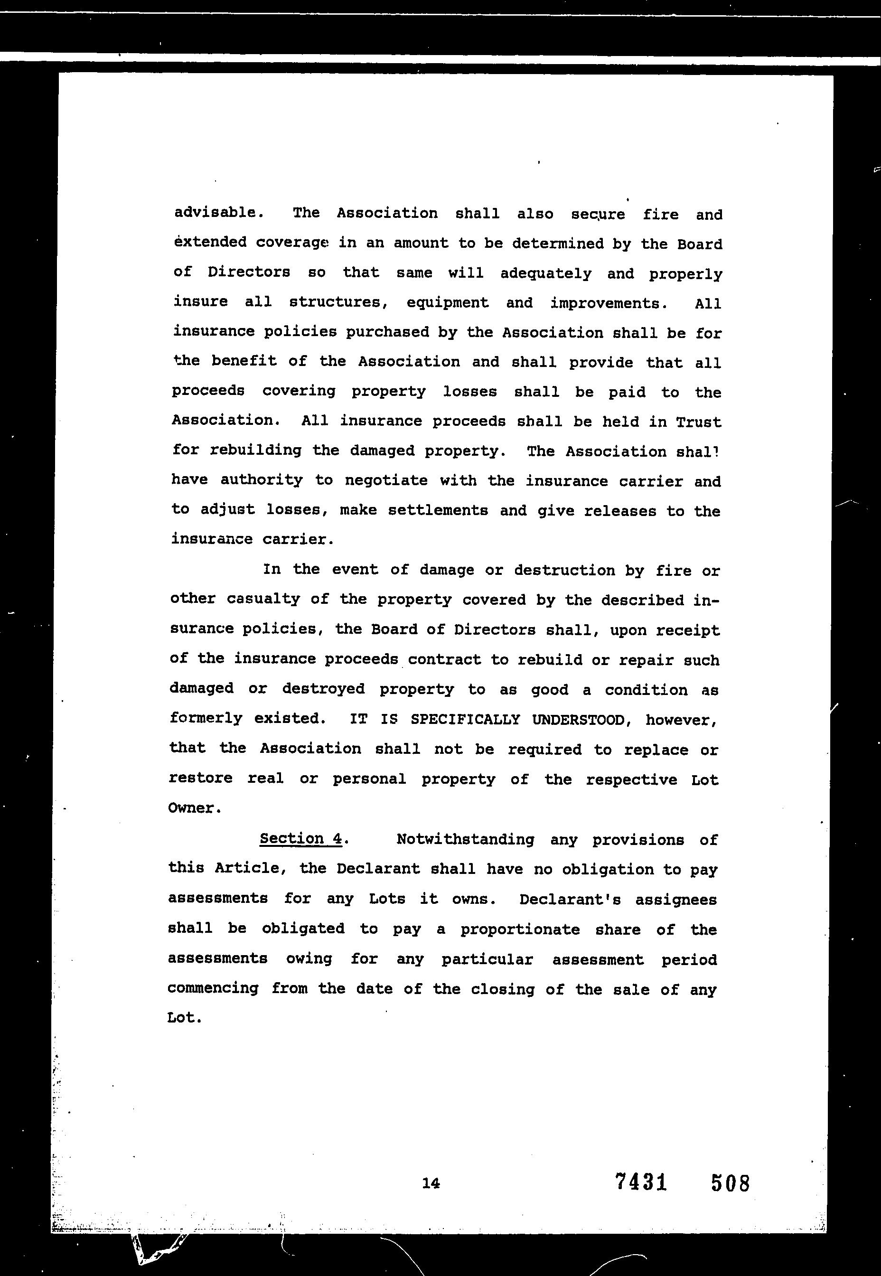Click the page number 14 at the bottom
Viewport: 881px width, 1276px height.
tap(431, 1183)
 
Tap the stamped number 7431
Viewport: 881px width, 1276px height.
tap(641, 1182)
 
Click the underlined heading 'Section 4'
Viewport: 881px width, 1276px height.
tap(301, 838)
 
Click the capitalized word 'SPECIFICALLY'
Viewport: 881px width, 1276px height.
tap(465, 720)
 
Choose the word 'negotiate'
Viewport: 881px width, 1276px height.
tap(386, 481)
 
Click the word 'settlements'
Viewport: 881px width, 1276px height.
tap(438, 510)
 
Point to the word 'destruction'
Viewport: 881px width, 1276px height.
tap(564, 570)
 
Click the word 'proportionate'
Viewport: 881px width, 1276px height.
tap(520, 929)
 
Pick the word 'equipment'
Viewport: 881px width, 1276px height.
tap(447, 303)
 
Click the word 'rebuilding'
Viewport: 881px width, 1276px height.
tap(255, 450)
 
